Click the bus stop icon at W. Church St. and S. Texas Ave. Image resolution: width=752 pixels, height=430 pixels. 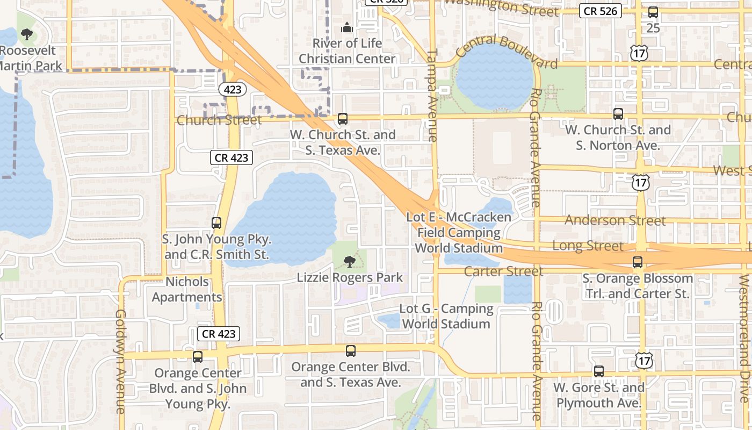coord(343,119)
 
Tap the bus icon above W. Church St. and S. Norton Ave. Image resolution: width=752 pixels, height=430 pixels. coord(618,114)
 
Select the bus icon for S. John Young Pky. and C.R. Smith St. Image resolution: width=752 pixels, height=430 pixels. coord(216,223)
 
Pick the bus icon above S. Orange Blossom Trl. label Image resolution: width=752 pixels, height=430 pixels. coord(638,262)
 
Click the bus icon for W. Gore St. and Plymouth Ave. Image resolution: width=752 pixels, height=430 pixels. coord(599,371)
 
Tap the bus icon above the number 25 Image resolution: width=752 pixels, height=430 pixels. coord(653,12)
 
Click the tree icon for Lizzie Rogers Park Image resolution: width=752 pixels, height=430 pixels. coord(350,262)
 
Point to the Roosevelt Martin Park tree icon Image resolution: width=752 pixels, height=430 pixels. coord(26,35)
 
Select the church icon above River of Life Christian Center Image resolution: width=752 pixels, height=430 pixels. coord(347,27)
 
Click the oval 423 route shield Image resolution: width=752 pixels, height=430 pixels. coord(233,89)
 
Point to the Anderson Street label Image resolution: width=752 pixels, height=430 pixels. coord(615,220)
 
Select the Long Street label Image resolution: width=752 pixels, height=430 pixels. coord(588,246)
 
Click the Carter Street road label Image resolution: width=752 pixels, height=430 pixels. coord(503,271)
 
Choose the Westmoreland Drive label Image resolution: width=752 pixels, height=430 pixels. coord(744,339)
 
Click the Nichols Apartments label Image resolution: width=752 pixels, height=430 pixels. coord(187,289)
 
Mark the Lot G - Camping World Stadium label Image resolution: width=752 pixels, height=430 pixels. coord(446,316)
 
